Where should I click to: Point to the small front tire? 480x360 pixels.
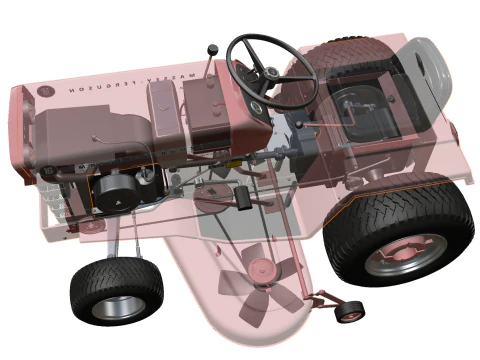tap(115, 290)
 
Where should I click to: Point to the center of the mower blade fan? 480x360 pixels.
tap(263, 268)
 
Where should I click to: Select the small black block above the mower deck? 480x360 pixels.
tap(242, 198)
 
